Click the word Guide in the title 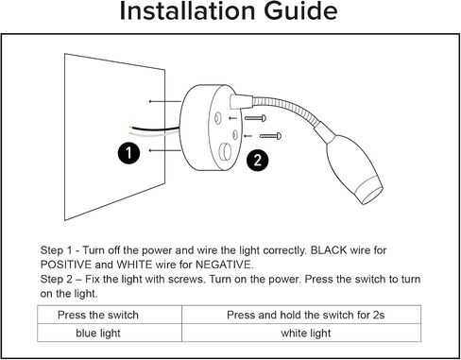click(300, 11)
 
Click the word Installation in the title click(187, 10)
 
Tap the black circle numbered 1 click(128, 153)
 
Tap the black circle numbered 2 click(258, 161)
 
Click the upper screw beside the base click(255, 118)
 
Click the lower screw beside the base click(270, 136)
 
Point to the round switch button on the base click(226, 152)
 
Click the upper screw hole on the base click(217, 118)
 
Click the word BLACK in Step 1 click(329, 250)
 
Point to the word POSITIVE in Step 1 click(66, 265)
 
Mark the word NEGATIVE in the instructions click(224, 265)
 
